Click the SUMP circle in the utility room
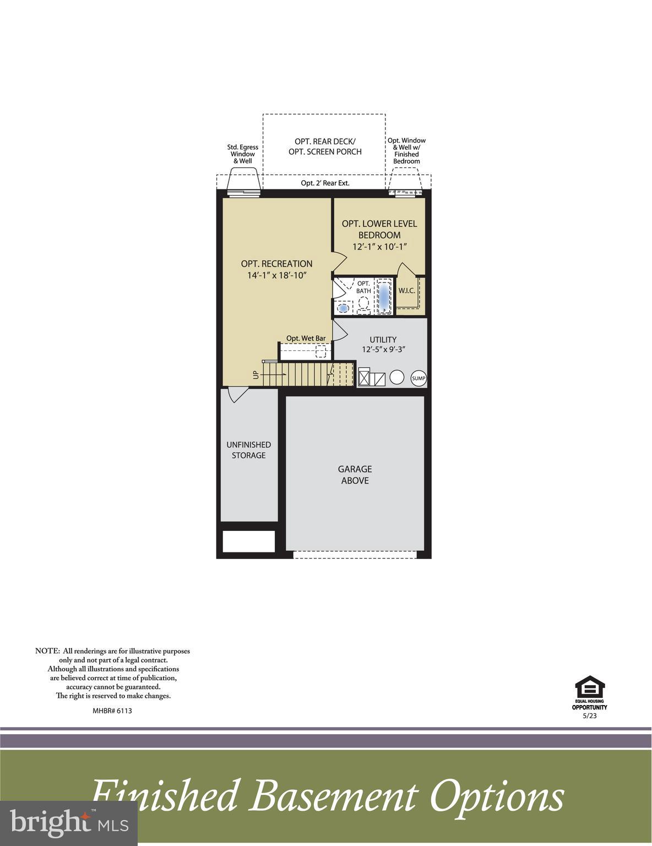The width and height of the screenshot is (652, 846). (x=419, y=378)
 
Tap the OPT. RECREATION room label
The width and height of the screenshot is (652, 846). (x=276, y=264)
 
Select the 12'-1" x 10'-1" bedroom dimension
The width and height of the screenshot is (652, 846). (x=379, y=247)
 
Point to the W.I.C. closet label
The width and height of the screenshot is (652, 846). (x=406, y=291)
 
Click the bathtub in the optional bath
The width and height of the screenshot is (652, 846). (x=383, y=297)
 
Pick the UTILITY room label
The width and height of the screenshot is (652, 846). (x=383, y=340)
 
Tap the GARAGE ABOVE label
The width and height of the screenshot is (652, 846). (x=355, y=475)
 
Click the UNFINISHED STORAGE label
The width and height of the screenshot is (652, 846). (x=248, y=450)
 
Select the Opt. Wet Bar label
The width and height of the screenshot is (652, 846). (x=306, y=338)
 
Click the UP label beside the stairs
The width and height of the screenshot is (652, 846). (x=256, y=375)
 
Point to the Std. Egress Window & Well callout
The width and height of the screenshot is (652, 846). (x=242, y=154)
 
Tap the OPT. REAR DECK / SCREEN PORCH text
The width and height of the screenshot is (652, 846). (x=325, y=147)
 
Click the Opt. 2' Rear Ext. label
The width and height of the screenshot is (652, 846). (x=325, y=183)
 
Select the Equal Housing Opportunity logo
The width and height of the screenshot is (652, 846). (x=590, y=692)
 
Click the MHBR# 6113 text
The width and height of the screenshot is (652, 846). (x=112, y=711)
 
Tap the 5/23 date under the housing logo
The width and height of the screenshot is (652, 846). (x=589, y=716)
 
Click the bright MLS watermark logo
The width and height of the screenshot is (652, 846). (x=69, y=823)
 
